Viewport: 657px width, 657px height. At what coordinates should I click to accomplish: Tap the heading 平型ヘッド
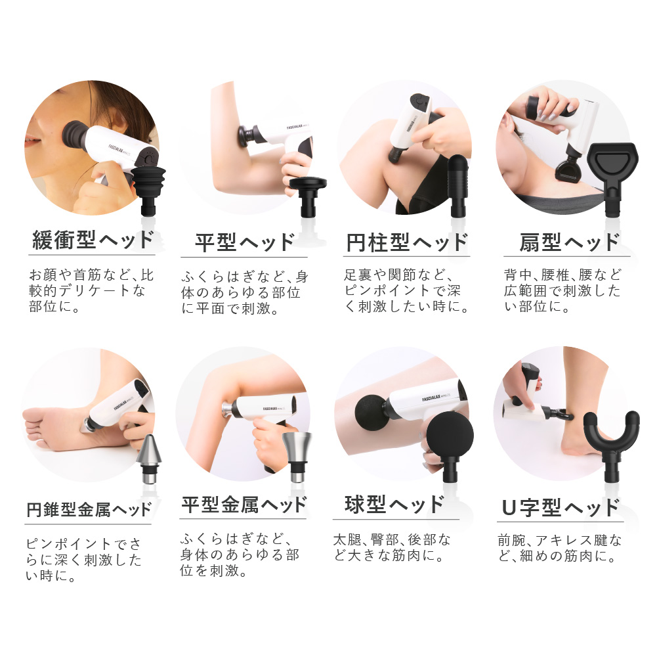244,242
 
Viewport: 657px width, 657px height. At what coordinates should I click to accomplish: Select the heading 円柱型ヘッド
407,242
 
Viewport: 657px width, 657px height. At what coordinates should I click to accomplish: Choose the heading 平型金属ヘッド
244,505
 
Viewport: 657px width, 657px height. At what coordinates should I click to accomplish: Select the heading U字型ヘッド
561,507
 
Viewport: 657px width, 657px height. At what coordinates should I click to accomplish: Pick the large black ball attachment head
450,438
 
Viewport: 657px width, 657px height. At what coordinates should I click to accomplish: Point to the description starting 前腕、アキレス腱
559,549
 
